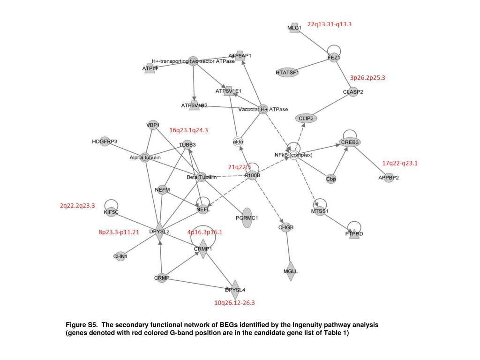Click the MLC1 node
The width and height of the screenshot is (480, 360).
pyautogui.click(x=294, y=27)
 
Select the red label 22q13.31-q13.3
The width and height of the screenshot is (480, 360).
pyautogui.click(x=329, y=24)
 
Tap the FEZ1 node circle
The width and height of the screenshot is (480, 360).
pyautogui.click(x=334, y=58)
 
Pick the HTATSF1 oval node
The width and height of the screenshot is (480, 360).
pyautogui.click(x=287, y=72)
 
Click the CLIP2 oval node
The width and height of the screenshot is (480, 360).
pyautogui.click(x=306, y=118)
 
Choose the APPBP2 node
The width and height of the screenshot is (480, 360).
pyautogui.click(x=389, y=177)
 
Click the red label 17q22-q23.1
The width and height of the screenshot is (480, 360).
pyautogui.click(x=399, y=163)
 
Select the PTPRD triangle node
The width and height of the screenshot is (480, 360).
pyautogui.click(x=354, y=233)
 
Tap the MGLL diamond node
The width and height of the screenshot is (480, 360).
pyautogui.click(x=291, y=271)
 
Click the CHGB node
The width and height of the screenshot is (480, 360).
pyautogui.click(x=286, y=228)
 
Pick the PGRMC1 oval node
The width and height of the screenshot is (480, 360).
pyautogui.click(x=247, y=218)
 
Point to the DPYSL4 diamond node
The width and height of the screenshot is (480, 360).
pyautogui.click(x=235, y=290)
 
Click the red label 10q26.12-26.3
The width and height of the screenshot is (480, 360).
pyautogui.click(x=234, y=303)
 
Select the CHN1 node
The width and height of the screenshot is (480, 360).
pyautogui.click(x=120, y=256)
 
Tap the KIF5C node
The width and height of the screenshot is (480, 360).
pyautogui.click(x=111, y=212)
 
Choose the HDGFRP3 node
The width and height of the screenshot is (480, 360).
pyautogui.click(x=105, y=142)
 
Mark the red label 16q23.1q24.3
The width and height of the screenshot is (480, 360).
pyautogui.click(x=188, y=130)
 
